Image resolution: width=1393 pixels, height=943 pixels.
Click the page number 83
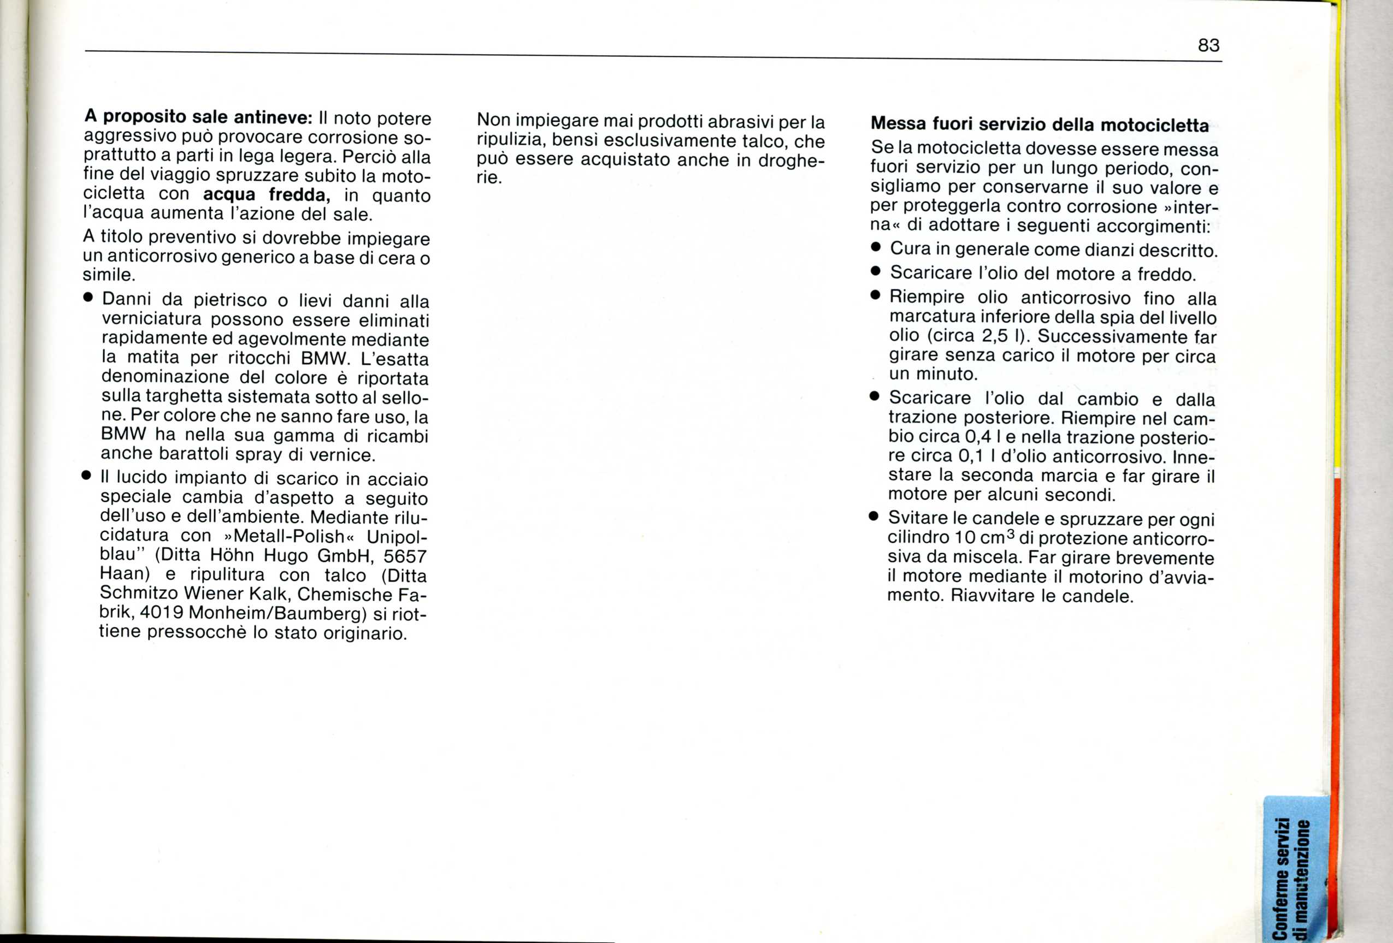[x=1208, y=45]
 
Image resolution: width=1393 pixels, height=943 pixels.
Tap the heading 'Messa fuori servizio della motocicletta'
[x=1040, y=124]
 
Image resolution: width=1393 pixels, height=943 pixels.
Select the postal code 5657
[x=405, y=556]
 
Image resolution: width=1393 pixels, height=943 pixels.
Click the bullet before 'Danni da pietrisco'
[x=88, y=298]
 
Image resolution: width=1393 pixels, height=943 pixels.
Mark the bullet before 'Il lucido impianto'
[x=87, y=476]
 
